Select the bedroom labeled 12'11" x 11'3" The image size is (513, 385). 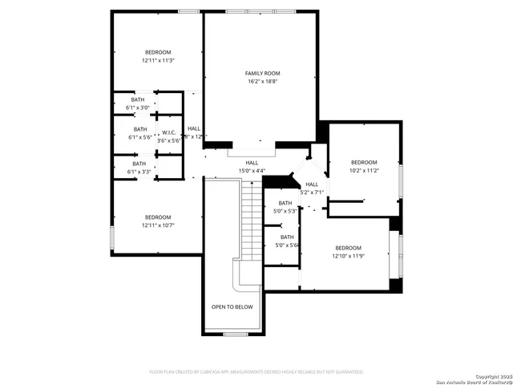pos(158,56)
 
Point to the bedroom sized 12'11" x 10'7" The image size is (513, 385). pos(158,221)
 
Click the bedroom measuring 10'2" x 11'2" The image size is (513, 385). pos(363,166)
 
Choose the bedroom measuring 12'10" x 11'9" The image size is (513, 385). pos(349,251)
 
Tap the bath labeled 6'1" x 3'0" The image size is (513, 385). pos(139,103)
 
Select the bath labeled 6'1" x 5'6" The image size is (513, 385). pos(140,133)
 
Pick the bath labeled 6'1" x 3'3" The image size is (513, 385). pos(139,167)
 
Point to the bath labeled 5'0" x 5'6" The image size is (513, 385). pos(286,241)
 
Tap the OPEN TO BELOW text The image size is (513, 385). pos(232,307)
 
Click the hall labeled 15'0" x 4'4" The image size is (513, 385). pos(252,167)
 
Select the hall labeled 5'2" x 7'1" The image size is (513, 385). pos(311,188)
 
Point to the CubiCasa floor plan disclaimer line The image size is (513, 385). pos(256,372)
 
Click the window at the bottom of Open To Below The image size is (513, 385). pos(234,333)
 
